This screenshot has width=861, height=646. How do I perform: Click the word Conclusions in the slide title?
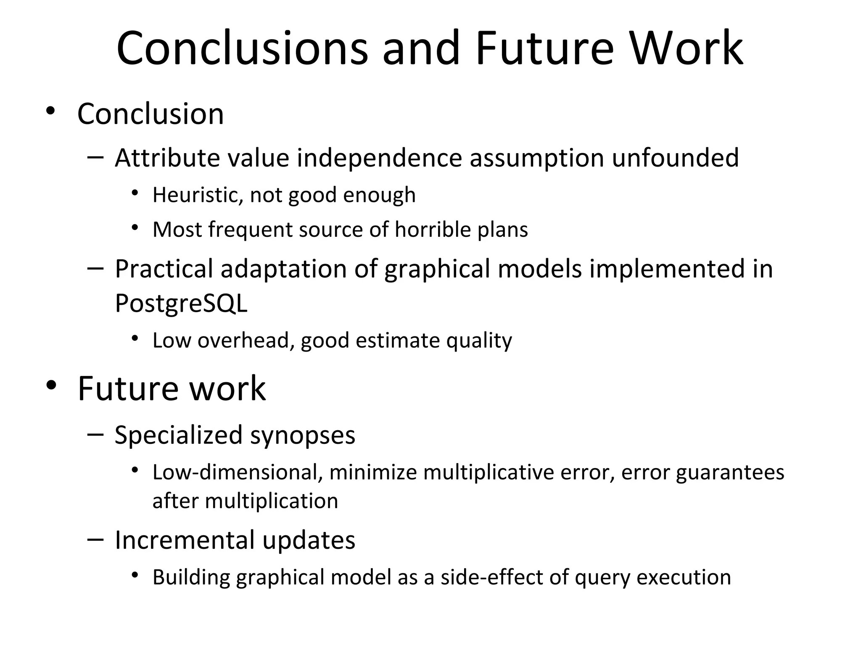[x=242, y=48]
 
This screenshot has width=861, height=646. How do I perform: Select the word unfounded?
[x=675, y=158]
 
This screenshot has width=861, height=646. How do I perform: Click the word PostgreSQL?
[x=181, y=303]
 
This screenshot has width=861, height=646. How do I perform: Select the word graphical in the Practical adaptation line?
[x=437, y=269]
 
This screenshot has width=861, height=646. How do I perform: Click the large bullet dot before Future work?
[x=51, y=385]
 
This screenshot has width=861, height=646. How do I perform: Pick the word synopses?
[x=303, y=435]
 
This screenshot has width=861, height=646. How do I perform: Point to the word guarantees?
[x=730, y=473]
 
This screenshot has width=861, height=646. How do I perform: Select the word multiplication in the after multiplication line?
[x=271, y=501]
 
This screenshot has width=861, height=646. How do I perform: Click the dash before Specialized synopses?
[x=96, y=434]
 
